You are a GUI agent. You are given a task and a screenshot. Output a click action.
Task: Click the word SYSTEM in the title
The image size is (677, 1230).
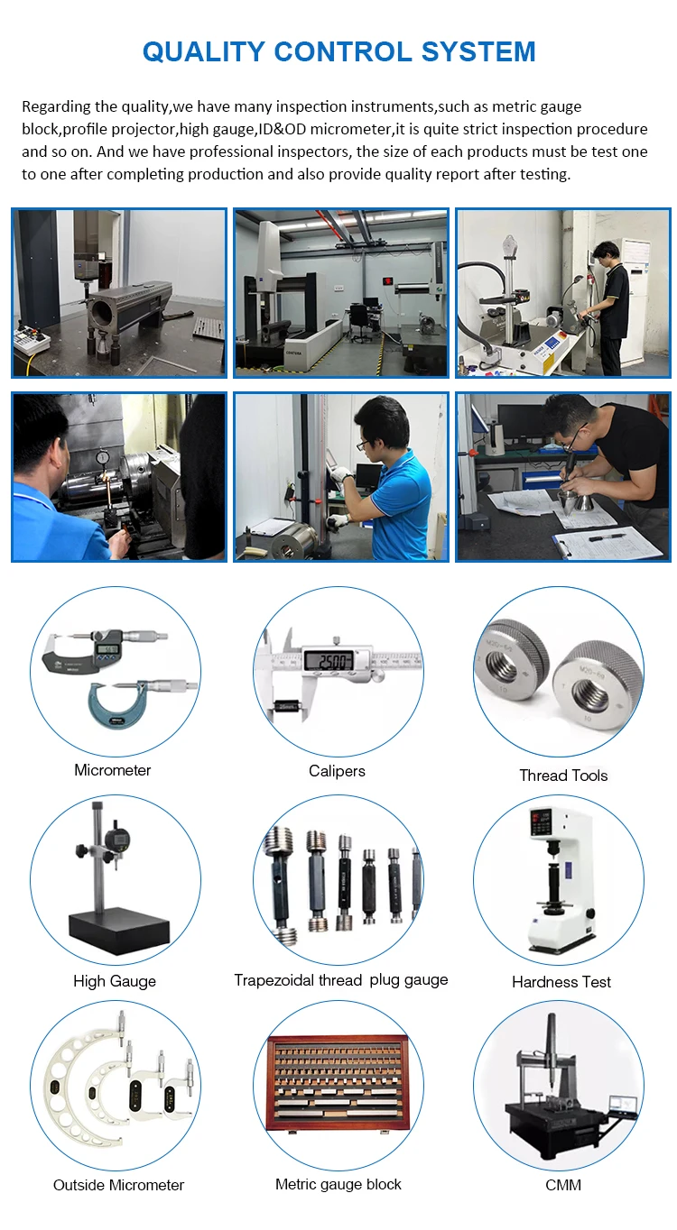(x=478, y=51)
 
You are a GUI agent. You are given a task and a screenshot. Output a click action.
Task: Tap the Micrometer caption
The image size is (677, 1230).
(x=112, y=770)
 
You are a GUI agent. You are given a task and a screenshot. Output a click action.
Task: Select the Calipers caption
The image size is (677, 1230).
(x=337, y=771)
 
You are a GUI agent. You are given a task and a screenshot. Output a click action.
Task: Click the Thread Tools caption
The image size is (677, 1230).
(x=564, y=776)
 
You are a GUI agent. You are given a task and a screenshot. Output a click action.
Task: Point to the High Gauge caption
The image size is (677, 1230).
(x=115, y=981)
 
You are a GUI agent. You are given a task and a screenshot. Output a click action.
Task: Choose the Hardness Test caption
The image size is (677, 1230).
(x=561, y=982)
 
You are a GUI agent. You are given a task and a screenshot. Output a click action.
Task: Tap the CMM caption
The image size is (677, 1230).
(x=563, y=1185)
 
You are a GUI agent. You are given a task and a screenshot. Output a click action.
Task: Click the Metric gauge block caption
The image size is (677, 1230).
(x=338, y=1184)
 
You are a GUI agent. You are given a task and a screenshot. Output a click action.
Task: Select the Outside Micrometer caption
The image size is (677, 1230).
(x=118, y=1185)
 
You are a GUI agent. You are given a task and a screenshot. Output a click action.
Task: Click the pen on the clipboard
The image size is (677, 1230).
(x=607, y=537)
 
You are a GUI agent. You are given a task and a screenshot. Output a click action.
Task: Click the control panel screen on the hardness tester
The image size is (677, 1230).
(x=540, y=822)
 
